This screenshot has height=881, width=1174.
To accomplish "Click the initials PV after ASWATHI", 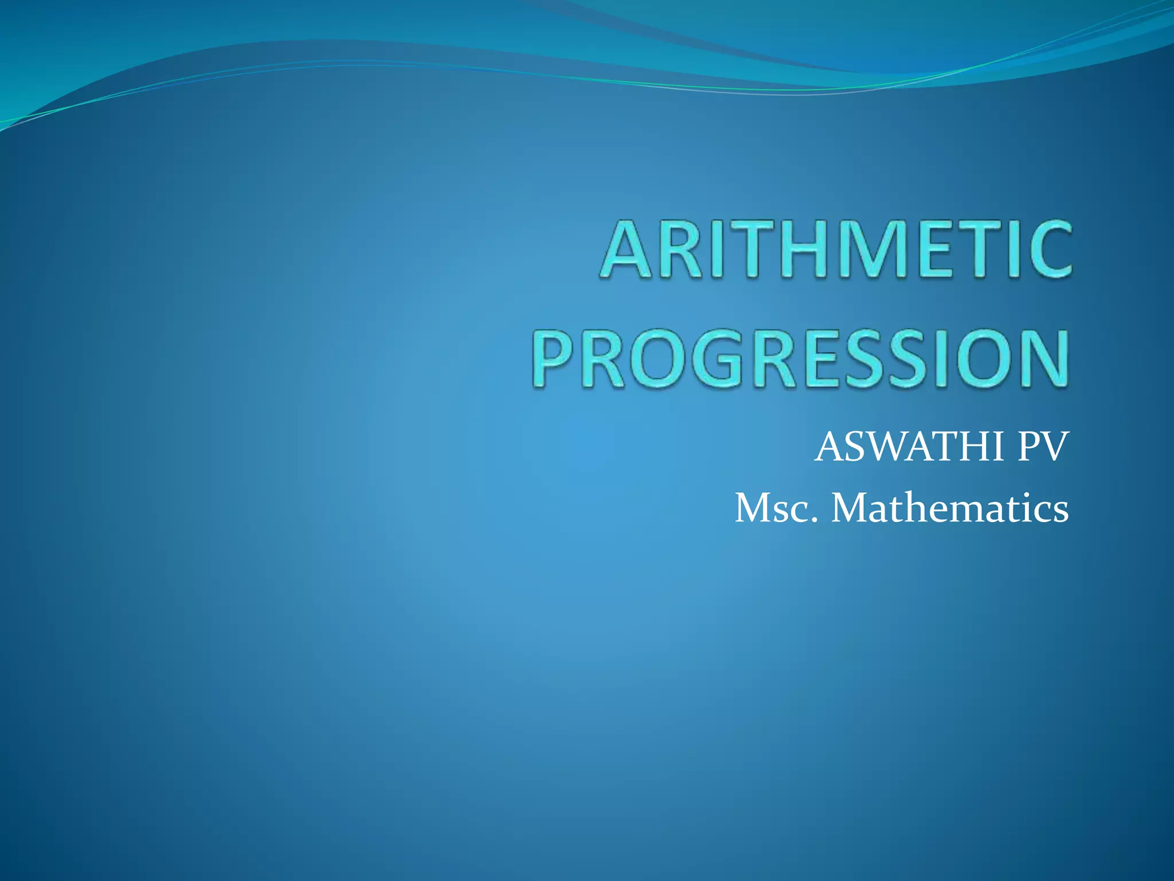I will pos(1043,447).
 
